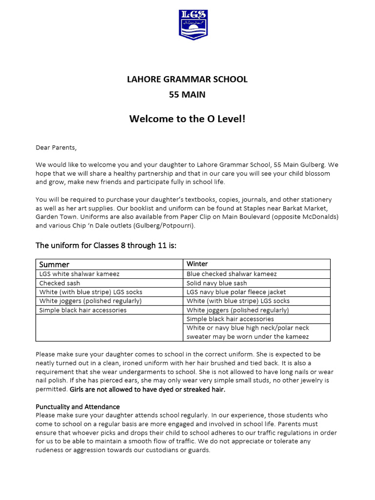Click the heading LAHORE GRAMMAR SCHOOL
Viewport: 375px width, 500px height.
[187, 79]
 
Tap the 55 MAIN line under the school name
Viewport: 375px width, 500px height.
[187, 95]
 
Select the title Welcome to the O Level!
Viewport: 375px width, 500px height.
[187, 120]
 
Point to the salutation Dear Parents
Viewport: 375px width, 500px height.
[56, 147]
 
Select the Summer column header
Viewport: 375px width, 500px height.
[54, 264]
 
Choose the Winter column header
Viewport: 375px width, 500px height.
[197, 264]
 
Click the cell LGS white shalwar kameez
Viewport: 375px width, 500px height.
[79, 274]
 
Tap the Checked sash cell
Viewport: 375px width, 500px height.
[60, 283]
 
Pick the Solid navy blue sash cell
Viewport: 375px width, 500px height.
[217, 283]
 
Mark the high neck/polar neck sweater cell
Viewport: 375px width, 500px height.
[248, 333]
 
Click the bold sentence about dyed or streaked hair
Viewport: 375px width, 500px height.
[147, 390]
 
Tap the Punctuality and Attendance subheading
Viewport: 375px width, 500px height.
[78, 407]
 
